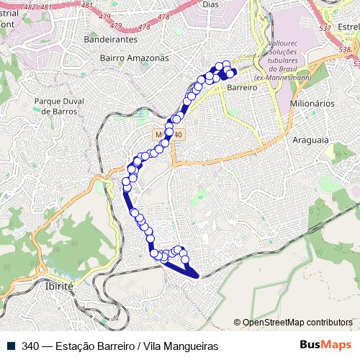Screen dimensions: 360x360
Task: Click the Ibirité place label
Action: (x=60, y=286)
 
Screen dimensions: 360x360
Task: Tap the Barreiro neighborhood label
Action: (x=242, y=86)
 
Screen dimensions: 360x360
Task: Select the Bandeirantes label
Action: (x=110, y=40)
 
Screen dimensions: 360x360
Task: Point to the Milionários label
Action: (x=312, y=104)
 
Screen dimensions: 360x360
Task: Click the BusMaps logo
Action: (x=327, y=344)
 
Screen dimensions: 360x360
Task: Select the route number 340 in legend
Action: (x=30, y=345)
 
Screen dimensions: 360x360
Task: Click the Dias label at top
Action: (x=211, y=4)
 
